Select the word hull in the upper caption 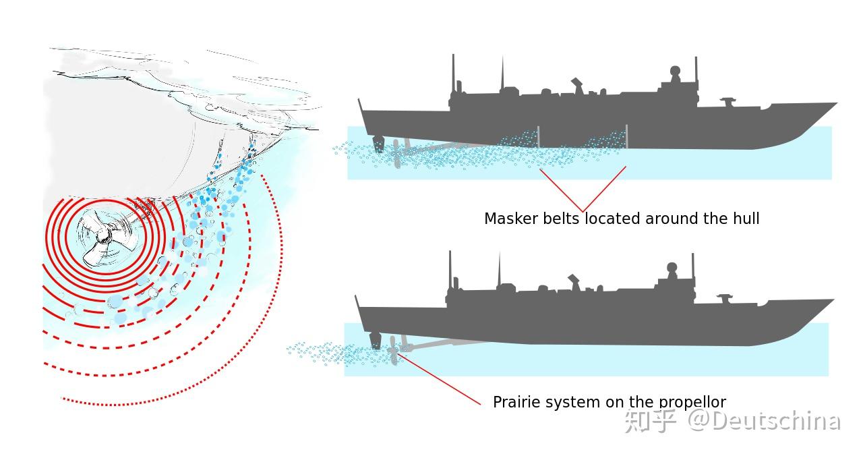(746, 219)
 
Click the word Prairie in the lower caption (516, 402)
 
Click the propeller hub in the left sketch (102, 236)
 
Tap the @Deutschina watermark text (764, 421)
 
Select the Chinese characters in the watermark (650, 421)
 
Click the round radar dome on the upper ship (675, 71)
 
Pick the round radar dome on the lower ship (672, 267)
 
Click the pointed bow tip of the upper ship (836, 104)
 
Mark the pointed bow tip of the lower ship (833, 300)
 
